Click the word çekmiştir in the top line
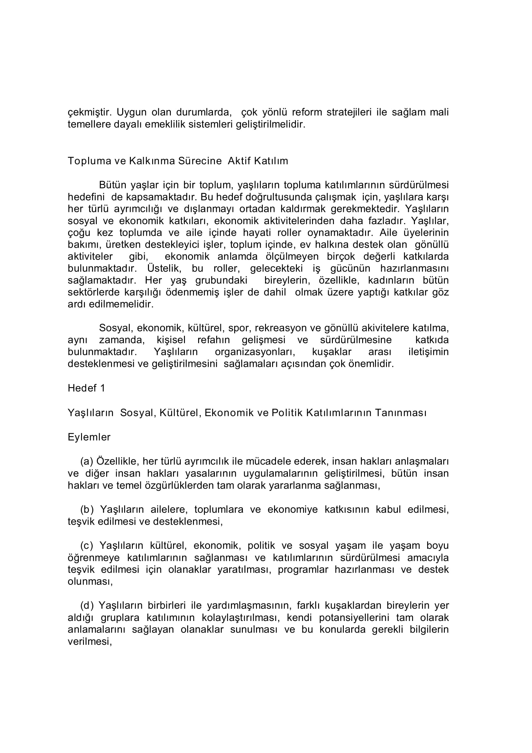click(x=87, y=112)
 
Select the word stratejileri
click(x=349, y=112)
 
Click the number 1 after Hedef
click(x=103, y=388)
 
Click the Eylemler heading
click(x=89, y=437)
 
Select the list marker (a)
click(x=87, y=462)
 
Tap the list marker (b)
click(x=87, y=509)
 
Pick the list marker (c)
click(x=87, y=545)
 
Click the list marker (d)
click(x=87, y=605)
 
